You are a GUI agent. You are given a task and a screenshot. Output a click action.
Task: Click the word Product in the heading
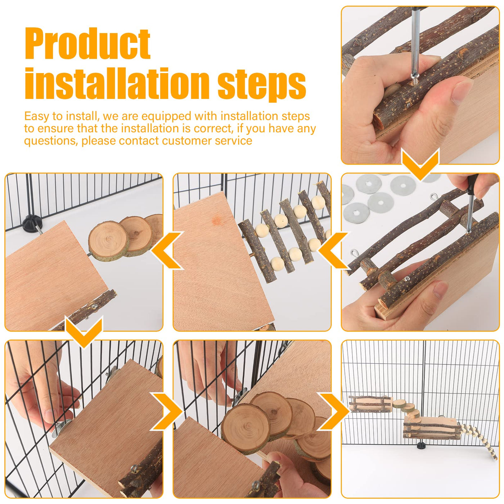click(x=87, y=45)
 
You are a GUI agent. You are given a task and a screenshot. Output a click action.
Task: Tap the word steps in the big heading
click(x=262, y=84)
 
